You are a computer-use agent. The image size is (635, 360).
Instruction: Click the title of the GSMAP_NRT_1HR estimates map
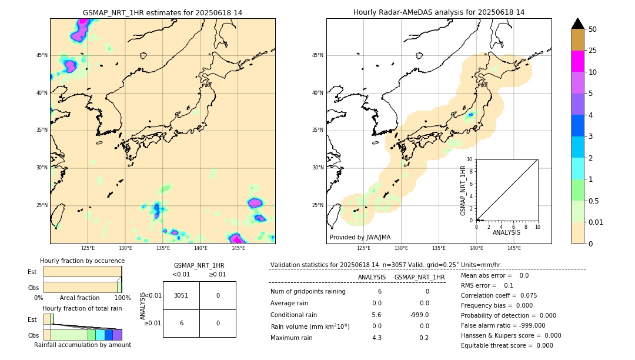(x=162, y=12)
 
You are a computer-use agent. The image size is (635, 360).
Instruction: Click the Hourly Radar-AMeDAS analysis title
(x=439, y=12)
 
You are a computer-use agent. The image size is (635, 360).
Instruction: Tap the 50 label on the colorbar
(x=593, y=29)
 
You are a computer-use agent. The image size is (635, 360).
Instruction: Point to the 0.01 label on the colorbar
(x=596, y=222)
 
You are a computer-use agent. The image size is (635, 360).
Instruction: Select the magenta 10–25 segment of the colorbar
(x=577, y=61)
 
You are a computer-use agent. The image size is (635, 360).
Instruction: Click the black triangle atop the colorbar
(x=577, y=24)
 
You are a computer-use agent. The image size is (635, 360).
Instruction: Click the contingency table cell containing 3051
(x=181, y=295)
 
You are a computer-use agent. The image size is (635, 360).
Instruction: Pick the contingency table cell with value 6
(x=181, y=323)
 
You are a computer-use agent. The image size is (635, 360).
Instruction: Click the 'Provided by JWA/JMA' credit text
(x=360, y=238)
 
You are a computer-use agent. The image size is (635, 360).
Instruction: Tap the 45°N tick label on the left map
(x=42, y=55)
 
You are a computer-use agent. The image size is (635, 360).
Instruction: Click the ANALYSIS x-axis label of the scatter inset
(x=506, y=232)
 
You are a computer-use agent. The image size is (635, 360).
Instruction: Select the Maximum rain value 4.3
(x=377, y=338)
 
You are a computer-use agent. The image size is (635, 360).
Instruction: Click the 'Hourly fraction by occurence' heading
(x=82, y=261)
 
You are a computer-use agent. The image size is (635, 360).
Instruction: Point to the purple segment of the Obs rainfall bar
(x=117, y=335)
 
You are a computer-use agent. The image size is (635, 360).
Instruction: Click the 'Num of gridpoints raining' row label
(x=308, y=292)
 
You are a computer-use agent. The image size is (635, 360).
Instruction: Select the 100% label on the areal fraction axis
(x=122, y=298)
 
